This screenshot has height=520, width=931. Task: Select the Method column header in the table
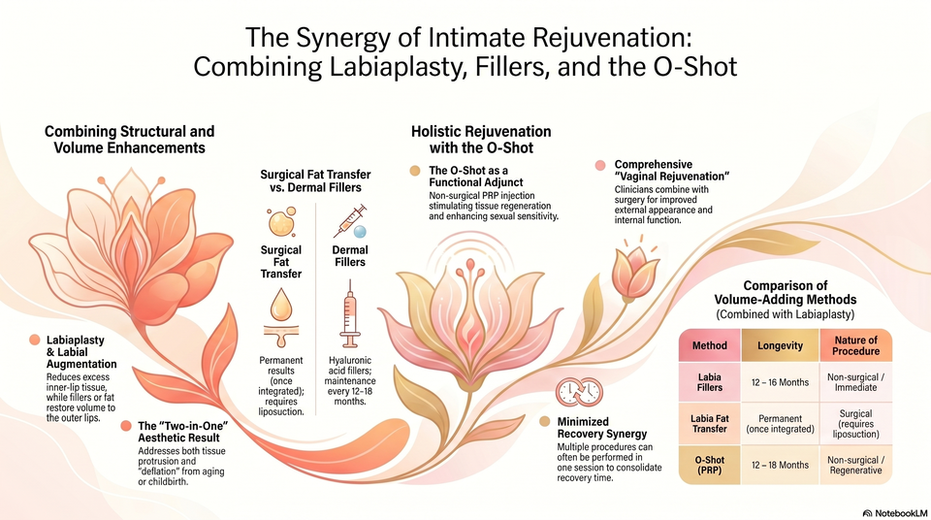click(710, 345)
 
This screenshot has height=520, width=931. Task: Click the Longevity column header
click(780, 345)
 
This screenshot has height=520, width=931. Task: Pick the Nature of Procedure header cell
click(855, 345)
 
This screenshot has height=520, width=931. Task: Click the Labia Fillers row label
click(710, 382)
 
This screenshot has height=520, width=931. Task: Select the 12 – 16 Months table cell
click(780, 382)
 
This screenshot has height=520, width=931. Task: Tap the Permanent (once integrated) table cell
click(780, 424)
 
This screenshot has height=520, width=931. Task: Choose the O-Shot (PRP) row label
click(710, 465)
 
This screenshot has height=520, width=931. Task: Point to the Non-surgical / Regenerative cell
click(855, 465)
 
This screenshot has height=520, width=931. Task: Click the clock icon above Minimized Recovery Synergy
click(579, 392)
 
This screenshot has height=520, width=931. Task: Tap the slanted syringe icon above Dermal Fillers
click(350, 221)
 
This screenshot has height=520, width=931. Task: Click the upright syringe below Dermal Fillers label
click(350, 313)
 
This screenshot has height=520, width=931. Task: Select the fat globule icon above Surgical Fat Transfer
click(281, 221)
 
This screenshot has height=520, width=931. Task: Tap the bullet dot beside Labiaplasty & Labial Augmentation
click(35, 340)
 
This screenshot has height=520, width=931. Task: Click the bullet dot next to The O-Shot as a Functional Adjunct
click(415, 171)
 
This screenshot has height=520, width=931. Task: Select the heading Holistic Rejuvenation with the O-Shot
click(481, 140)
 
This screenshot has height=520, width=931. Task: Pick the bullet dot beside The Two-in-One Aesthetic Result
click(126, 426)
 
